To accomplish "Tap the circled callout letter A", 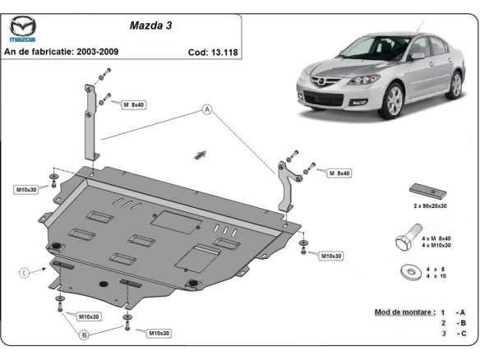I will [x=207, y=108].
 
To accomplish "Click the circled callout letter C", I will [x=25, y=272].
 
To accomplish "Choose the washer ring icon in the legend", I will [x=408, y=272].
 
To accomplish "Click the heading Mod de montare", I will [x=404, y=312].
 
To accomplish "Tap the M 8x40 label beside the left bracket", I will [x=132, y=105].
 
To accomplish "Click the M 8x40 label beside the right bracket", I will [x=339, y=173].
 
